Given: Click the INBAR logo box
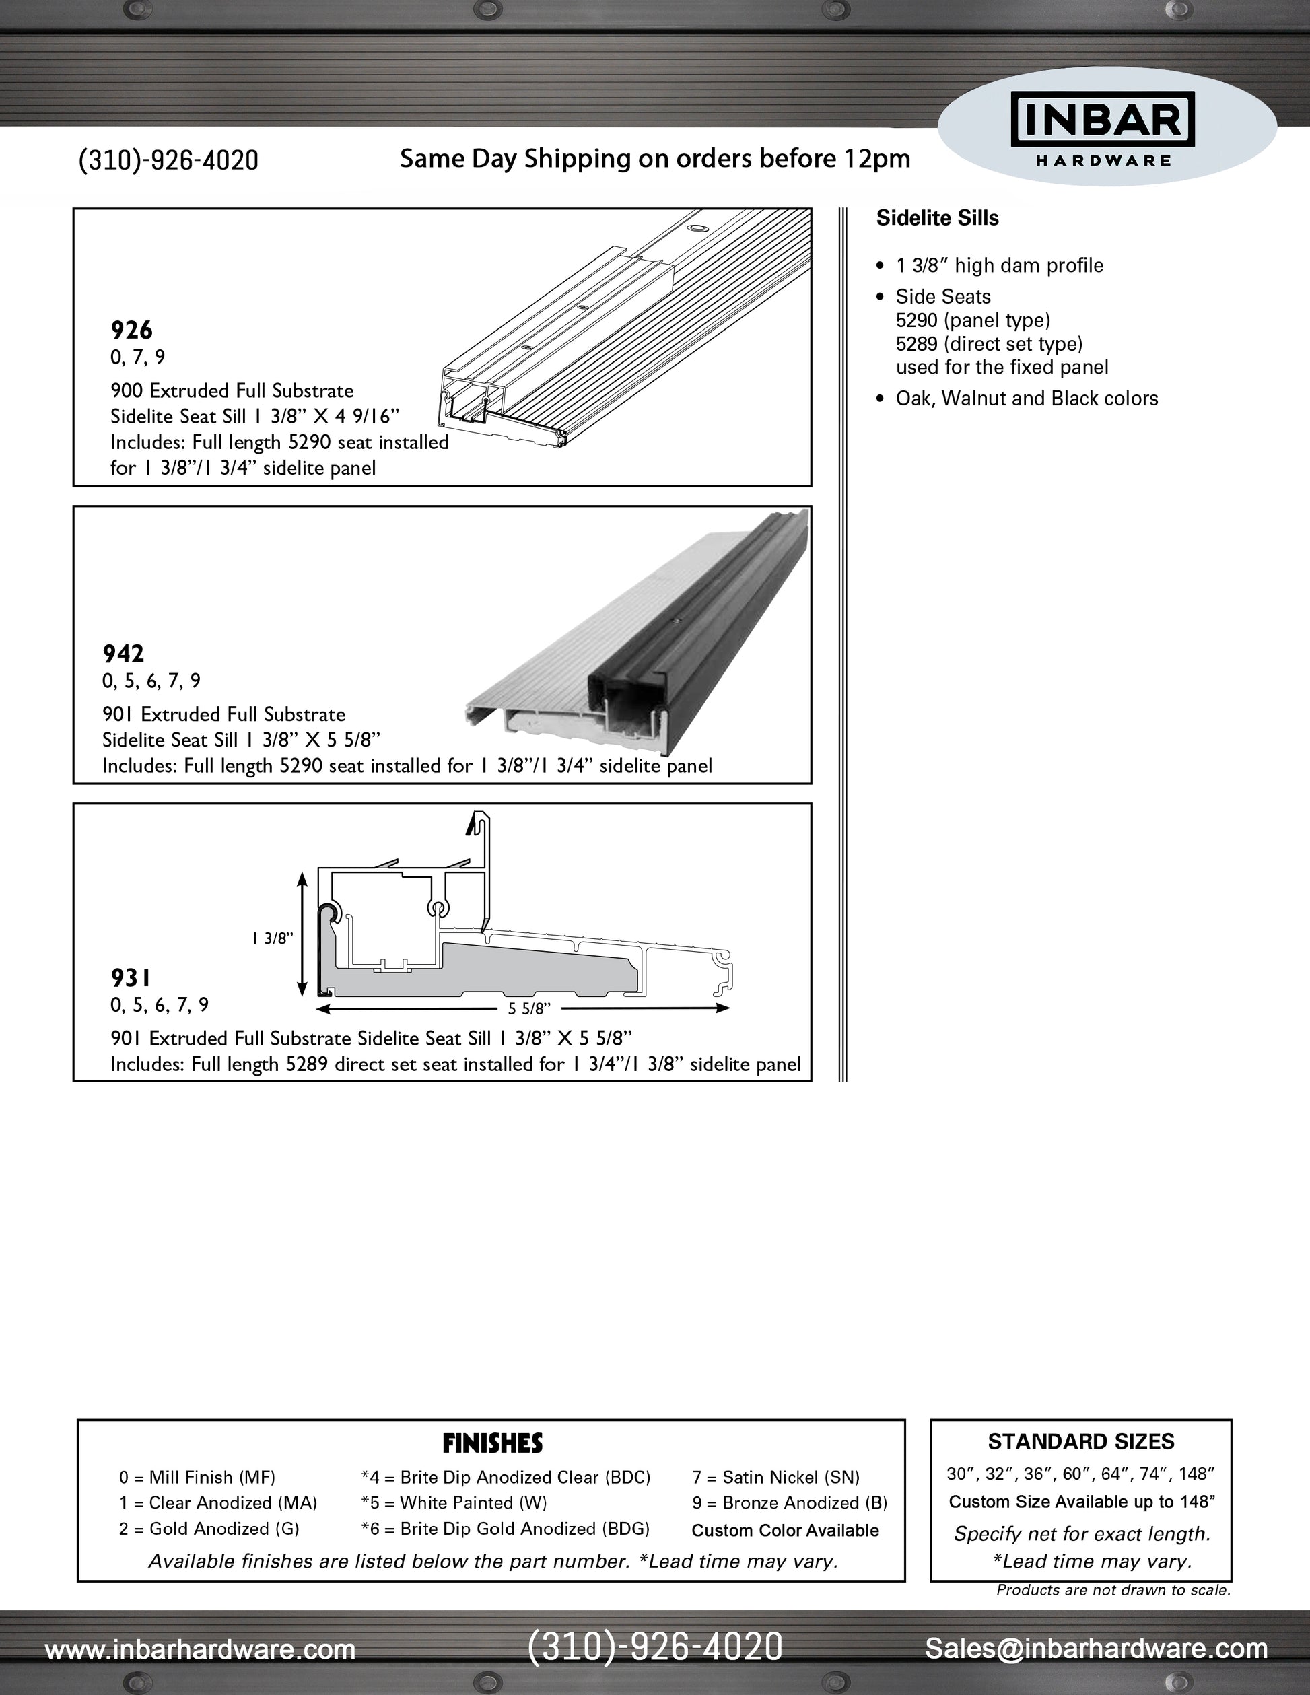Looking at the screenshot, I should [x=1102, y=120].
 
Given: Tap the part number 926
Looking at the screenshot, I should [x=132, y=331].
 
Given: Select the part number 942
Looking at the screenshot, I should [x=123, y=654].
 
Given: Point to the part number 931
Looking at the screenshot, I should [x=131, y=978].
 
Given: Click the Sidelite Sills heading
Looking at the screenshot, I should [x=938, y=219].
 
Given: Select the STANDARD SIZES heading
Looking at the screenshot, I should [x=1080, y=1442].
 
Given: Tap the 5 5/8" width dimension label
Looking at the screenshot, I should [x=529, y=1009].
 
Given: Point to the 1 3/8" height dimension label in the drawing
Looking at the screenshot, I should [x=273, y=938].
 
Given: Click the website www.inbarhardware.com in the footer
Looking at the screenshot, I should [x=200, y=1649].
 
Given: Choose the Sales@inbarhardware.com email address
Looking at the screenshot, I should [x=1096, y=1648].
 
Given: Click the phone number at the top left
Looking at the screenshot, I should [x=168, y=161].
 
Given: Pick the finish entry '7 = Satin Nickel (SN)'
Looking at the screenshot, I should [x=775, y=1478].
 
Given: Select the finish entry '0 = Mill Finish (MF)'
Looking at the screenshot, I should [x=197, y=1478].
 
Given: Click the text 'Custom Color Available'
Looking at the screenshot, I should [x=785, y=1531].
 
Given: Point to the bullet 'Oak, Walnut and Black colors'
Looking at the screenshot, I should [x=1026, y=399].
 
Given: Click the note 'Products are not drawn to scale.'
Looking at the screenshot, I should [x=1113, y=1590].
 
